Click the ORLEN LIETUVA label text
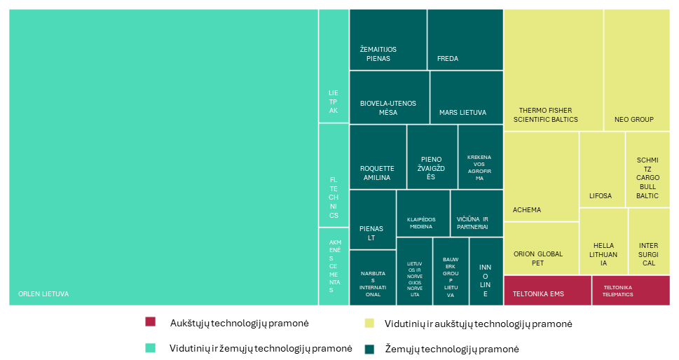tap(43, 294)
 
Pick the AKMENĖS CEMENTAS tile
tap(334, 266)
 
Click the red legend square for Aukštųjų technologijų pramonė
tap(150, 322)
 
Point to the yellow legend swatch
tap(369, 324)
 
